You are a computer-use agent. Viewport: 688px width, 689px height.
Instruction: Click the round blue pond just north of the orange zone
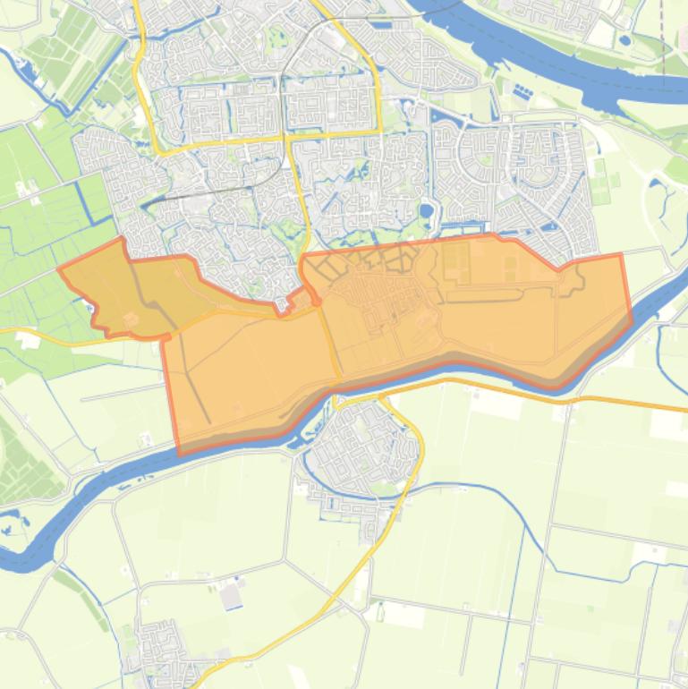point(426,211)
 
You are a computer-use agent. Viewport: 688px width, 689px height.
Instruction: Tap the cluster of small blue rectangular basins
point(521,92)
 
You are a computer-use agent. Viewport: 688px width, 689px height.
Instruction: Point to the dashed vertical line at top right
point(661,36)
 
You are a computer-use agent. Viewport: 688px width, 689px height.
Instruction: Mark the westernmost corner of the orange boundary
point(59,268)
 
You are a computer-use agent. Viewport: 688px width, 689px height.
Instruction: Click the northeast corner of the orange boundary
point(620,255)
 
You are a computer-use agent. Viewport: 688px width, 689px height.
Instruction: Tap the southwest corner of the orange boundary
point(179,453)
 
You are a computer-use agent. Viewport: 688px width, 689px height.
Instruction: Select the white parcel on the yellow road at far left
point(27,339)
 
